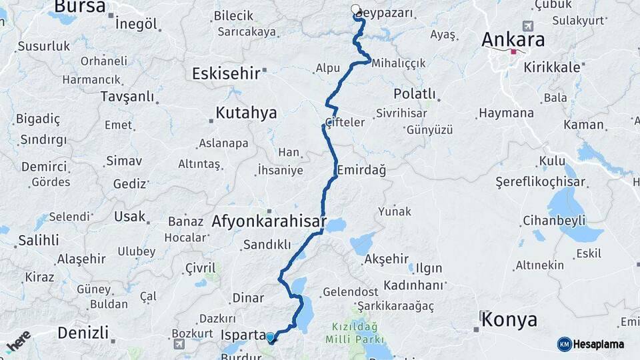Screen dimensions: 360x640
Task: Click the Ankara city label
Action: point(513,39)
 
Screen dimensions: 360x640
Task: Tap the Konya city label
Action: point(510,319)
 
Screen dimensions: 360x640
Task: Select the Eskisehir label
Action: point(225,73)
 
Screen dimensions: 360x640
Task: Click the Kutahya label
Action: point(246,113)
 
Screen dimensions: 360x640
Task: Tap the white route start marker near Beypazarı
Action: point(355,10)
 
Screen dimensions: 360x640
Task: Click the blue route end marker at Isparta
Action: point(270,337)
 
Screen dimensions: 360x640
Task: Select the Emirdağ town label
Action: point(361,170)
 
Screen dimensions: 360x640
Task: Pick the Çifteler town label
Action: point(345,122)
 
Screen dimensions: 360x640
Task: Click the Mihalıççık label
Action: point(399,63)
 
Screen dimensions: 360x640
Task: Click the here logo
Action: point(18,341)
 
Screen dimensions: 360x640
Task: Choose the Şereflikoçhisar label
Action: point(540,182)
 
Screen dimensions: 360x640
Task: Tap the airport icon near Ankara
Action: point(529,25)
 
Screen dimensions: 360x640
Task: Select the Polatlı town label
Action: point(414,93)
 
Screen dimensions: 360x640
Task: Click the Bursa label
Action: point(79,7)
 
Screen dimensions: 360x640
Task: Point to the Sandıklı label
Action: point(267,244)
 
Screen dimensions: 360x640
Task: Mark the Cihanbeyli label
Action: point(554,220)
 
